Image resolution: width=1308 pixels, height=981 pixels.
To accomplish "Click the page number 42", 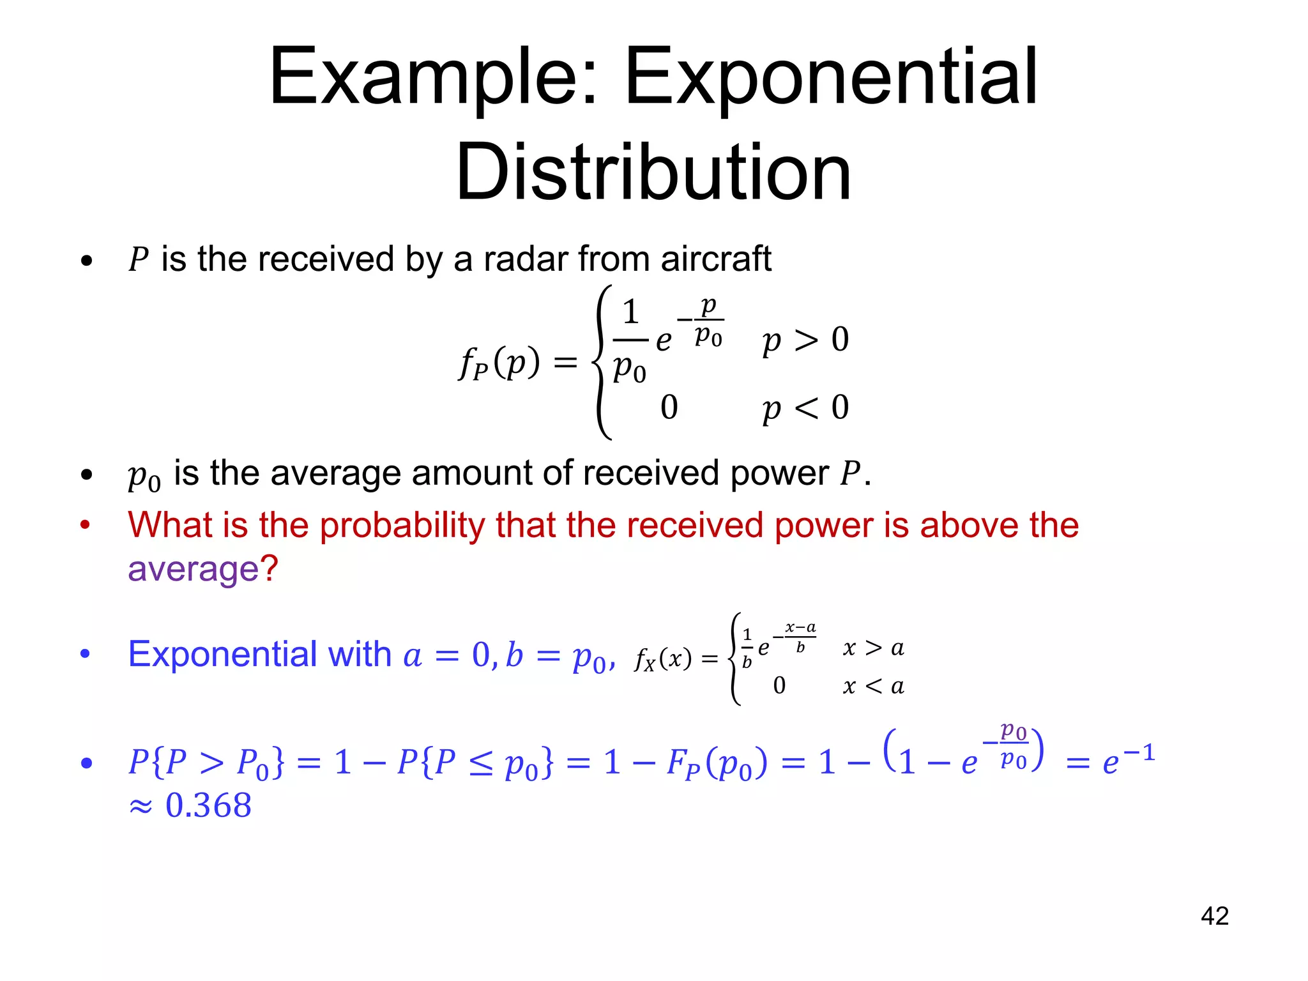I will point(1214,916).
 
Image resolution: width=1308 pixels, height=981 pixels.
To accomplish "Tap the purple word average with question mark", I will point(203,568).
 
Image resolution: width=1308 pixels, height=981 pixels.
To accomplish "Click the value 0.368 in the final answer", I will point(208,805).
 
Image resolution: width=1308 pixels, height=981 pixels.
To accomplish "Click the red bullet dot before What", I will point(85,525).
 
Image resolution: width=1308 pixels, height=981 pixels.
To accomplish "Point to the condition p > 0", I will point(805,340).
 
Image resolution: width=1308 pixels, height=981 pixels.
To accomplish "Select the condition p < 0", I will point(805,407).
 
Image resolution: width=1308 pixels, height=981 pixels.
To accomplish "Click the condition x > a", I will point(873,648).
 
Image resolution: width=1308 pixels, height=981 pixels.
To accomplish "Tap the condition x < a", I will point(873,686).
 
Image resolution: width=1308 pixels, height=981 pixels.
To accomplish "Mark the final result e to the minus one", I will point(1129,759).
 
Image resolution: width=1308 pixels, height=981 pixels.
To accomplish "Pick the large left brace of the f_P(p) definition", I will point(602,362).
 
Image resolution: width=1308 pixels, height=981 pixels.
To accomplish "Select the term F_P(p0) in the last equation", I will point(717,763).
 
